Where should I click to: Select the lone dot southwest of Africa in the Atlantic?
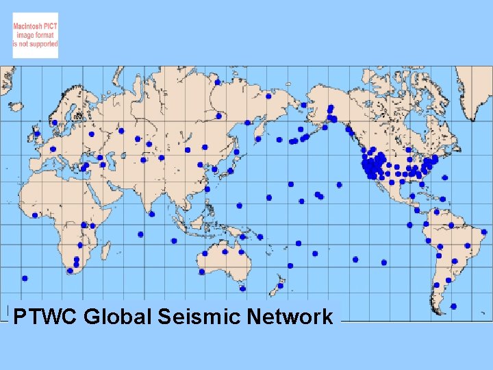(x=25, y=278)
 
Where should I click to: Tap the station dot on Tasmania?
(x=242, y=288)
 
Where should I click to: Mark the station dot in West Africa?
(x=35, y=215)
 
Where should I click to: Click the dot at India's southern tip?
(x=152, y=214)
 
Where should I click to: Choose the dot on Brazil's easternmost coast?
(x=484, y=232)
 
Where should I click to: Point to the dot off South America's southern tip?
(x=453, y=306)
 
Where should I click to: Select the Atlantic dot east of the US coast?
(x=445, y=177)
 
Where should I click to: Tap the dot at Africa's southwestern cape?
(x=70, y=271)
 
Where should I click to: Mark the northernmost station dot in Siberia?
(x=218, y=82)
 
